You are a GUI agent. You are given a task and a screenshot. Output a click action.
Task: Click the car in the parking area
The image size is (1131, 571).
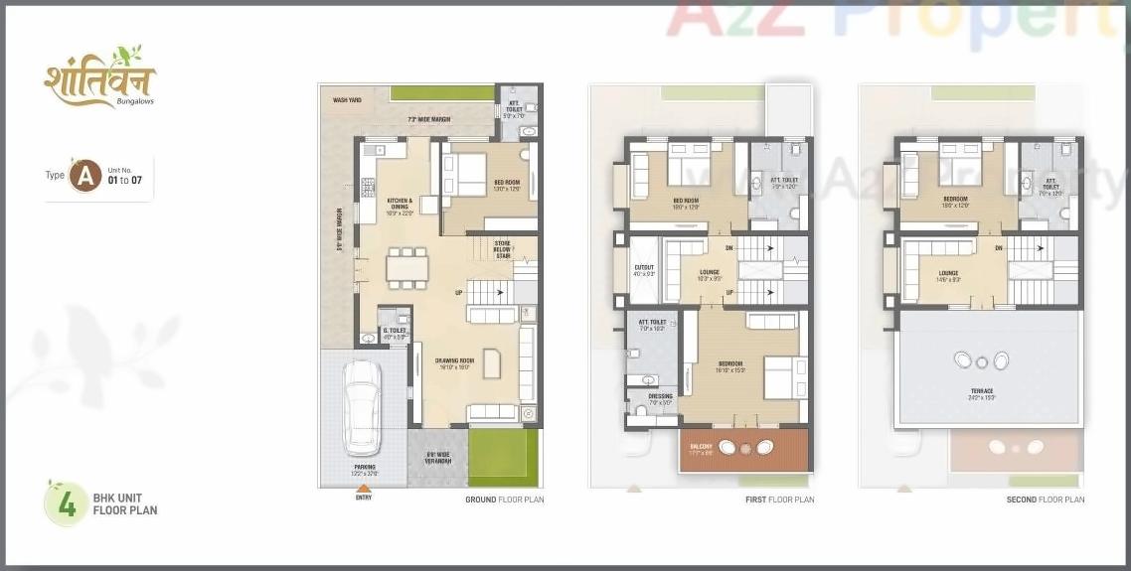(361, 407)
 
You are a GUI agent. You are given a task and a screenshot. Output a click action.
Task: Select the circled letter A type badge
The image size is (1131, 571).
(84, 176)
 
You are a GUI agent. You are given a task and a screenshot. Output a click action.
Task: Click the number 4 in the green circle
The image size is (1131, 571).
(67, 502)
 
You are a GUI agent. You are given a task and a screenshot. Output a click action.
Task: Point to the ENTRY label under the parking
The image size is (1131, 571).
(364, 498)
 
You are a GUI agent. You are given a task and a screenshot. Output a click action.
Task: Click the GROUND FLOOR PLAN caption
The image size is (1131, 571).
(505, 500)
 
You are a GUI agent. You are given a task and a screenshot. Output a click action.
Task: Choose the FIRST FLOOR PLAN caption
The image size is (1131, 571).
(780, 500)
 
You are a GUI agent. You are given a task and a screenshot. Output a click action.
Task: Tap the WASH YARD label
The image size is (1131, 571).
(347, 100)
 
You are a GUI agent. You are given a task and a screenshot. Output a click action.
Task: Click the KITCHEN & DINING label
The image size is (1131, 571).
(400, 204)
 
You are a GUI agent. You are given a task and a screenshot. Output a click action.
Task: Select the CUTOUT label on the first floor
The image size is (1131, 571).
(644, 270)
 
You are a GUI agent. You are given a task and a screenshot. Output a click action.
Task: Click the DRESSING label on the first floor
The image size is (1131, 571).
(660, 398)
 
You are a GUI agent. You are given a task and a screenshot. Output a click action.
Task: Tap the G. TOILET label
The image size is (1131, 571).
(396, 333)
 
